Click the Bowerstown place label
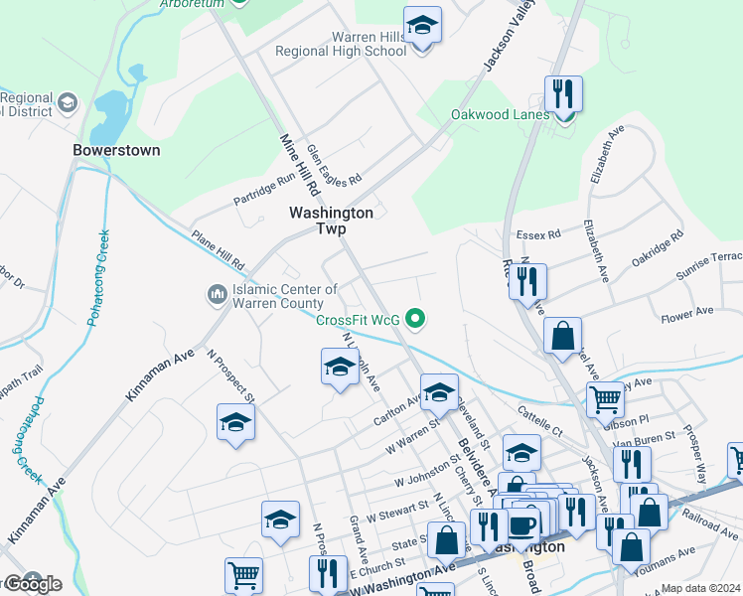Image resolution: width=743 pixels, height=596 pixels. tap(116, 150)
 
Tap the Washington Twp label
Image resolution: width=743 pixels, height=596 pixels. tap(331, 221)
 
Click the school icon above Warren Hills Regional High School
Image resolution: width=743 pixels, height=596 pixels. tap(422, 26)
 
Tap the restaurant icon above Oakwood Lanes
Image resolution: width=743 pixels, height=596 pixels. tap(563, 94)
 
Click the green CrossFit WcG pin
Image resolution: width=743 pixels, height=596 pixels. tap(417, 319)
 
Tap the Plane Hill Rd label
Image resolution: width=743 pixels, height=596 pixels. tap(218, 253)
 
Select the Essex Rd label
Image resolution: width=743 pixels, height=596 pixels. tap(538, 234)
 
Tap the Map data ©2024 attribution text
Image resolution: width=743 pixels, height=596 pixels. tap(700, 588)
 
